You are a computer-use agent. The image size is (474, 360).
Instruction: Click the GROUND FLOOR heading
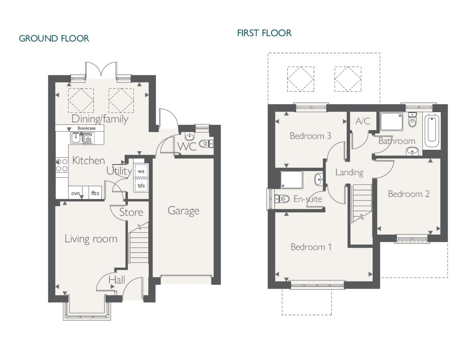point(54,38)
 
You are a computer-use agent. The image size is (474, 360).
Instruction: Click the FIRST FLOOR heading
point(264,33)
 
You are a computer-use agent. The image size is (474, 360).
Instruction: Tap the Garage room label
point(183,211)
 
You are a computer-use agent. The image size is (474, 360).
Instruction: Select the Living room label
point(91,239)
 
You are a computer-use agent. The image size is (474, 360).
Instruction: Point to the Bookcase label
point(86,128)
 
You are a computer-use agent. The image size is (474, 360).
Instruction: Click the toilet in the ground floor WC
point(206,144)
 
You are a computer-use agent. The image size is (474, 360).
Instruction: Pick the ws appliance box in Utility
point(141,171)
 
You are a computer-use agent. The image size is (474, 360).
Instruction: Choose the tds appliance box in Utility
point(141,185)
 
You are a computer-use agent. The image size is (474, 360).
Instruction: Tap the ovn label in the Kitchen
point(75,193)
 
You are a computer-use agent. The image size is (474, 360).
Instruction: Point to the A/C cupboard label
point(363,121)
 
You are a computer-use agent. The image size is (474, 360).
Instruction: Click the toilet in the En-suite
point(282,199)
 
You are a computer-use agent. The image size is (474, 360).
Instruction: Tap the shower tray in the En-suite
point(291,180)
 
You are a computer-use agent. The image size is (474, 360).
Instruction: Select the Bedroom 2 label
point(409,194)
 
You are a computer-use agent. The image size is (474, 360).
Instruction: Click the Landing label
point(349,173)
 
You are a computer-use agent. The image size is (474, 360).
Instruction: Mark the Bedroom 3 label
point(310,136)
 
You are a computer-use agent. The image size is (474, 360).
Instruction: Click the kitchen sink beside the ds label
point(75,138)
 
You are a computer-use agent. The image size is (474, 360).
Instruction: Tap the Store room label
point(131,212)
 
